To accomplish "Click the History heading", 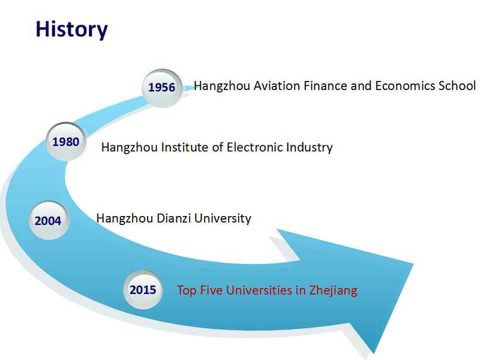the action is pos(71,29).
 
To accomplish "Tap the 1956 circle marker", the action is pos(162,88).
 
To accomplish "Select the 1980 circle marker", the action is pos(66,142).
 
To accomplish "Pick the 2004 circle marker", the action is pos(49,220).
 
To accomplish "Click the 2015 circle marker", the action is pos(143,290).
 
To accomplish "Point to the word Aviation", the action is pos(277,86).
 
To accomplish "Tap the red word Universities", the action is pos(259,290).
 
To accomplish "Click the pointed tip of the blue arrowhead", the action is pos(413,263).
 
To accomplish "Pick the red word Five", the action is pos(211,290).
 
